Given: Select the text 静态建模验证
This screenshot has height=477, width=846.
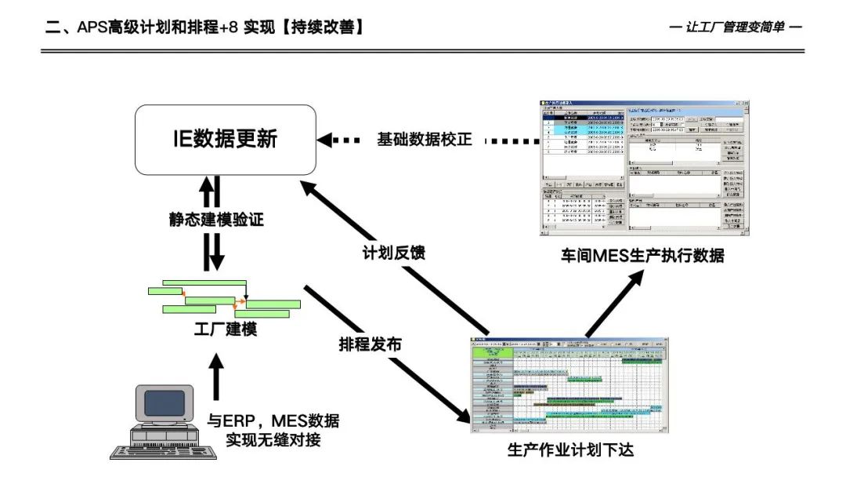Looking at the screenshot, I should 215,220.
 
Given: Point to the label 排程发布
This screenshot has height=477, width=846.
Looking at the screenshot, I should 370,344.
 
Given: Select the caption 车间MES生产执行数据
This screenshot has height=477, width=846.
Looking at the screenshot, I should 642,255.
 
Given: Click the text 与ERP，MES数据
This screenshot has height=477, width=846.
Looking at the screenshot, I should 273,421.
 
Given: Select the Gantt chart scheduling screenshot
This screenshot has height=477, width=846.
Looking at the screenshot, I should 571,384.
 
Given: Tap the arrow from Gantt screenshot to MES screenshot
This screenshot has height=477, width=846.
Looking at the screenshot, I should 615,302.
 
